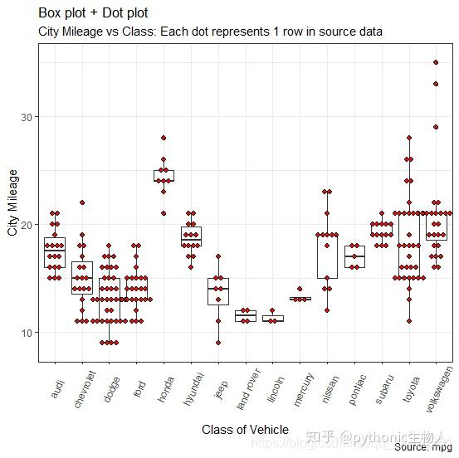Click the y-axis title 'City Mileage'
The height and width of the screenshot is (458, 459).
click(13, 202)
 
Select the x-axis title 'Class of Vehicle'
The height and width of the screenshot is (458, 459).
click(245, 430)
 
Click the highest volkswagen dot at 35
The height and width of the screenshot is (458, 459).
click(436, 62)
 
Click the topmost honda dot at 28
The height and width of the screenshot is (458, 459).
click(164, 138)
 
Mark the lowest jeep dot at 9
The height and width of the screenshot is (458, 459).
click(218, 343)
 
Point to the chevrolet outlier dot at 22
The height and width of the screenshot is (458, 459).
click(82, 202)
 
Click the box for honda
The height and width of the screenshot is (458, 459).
click(164, 175)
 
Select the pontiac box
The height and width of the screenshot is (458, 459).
click(354, 256)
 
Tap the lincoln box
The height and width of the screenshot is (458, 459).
click(273, 318)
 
